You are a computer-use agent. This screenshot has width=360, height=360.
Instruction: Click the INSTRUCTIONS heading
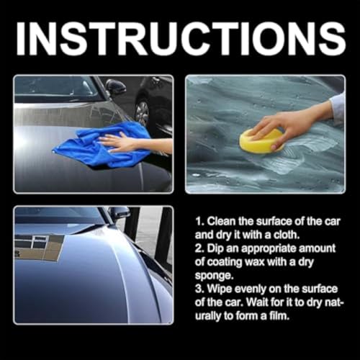pyautogui.click(x=180, y=39)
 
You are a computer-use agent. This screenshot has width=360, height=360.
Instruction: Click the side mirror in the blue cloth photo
pyautogui.click(x=116, y=86)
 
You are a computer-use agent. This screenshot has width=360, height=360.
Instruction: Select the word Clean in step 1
pyautogui.click(x=221, y=221)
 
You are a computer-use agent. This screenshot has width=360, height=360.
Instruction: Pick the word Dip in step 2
pyautogui.click(x=215, y=248)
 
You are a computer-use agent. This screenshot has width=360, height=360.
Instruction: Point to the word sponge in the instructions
pyautogui.click(x=214, y=276)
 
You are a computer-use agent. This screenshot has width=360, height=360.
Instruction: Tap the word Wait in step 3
pyautogui.click(x=257, y=302)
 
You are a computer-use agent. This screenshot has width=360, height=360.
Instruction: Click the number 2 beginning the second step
pyautogui.click(x=199, y=248)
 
